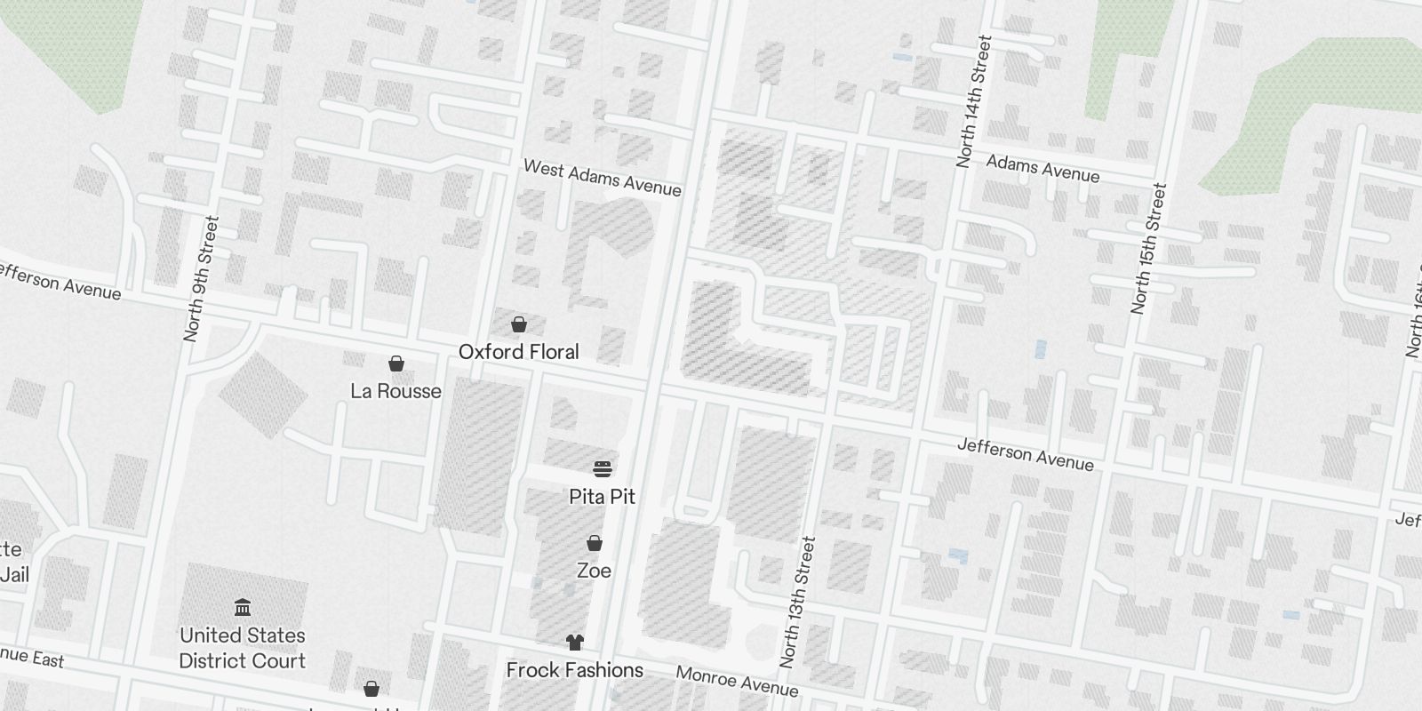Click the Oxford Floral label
tap(518, 352)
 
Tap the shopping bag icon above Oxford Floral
tap(518, 325)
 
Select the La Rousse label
tap(395, 391)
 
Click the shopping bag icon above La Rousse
tap(396, 363)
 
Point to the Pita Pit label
tap(602, 497)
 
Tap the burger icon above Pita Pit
tap(603, 468)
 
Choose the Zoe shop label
tap(594, 571)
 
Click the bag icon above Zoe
tap(595, 543)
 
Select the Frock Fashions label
tap(574, 670)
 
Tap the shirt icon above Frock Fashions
tap(575, 643)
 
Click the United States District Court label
tap(242, 648)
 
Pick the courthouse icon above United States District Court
tap(242, 608)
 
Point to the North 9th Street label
tap(200, 279)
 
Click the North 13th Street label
tap(796, 603)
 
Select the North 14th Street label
tap(973, 102)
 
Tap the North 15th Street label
tap(1147, 249)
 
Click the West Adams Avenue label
tap(602, 178)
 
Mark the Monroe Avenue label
tap(737, 681)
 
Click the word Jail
tap(14, 575)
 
